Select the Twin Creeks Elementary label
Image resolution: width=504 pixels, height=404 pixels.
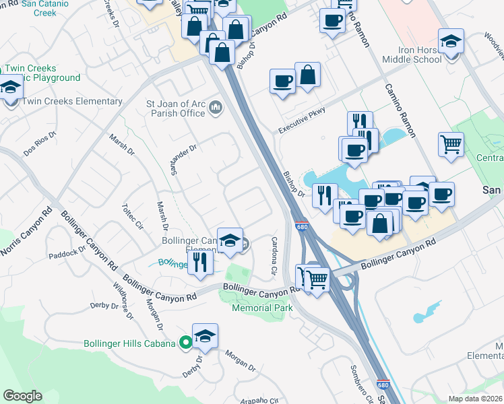coord(73,102)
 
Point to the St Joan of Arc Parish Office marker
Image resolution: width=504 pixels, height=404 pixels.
coord(216,106)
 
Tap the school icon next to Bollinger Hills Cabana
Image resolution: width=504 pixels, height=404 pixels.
coord(206,337)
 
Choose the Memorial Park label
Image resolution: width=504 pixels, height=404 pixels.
coord(262,308)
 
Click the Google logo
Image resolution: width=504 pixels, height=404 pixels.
coord(22,396)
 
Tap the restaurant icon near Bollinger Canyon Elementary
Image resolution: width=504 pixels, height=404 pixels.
coord(200,262)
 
